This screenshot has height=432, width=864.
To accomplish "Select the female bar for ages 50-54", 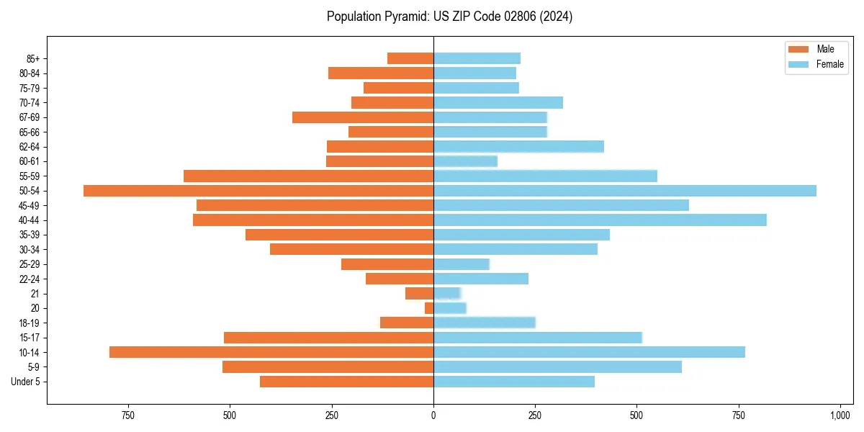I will pos(624,191).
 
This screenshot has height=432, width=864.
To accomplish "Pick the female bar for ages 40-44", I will pos(599,220).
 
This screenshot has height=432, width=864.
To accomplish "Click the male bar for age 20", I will pos(429,308).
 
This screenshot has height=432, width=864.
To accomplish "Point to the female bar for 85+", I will pos(477,58).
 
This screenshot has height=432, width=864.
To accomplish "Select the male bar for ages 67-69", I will pos(362,117).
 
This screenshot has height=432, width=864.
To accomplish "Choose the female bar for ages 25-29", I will pos(461,264).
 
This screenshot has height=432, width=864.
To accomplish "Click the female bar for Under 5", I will pos(513,382).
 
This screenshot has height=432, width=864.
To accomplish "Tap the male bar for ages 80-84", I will pos(380,73).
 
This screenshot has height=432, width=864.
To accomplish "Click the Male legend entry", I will pos(814,49).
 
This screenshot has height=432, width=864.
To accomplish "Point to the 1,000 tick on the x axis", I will pos(840,415).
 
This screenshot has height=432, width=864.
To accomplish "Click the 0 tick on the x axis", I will pos(433,415).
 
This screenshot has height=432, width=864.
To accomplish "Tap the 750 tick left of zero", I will pos(127,415).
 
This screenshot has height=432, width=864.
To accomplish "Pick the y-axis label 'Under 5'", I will pos(26,382).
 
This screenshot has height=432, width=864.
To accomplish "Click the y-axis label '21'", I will pos(35,294).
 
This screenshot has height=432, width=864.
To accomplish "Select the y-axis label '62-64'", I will pos(30,147).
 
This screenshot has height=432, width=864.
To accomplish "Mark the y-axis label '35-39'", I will pos(30,235).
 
